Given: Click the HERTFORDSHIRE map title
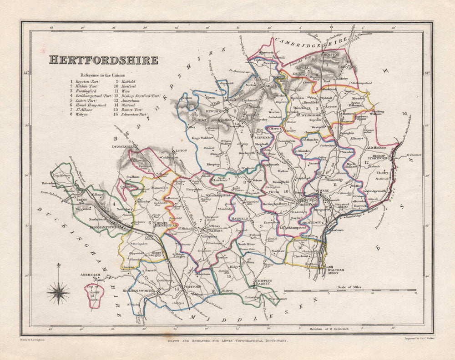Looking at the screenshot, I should pyautogui.click(x=103, y=60).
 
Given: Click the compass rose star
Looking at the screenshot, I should pyautogui.click(x=58, y=292).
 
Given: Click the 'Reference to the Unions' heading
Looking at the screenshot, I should pyautogui.click(x=103, y=75).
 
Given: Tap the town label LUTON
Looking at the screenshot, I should pyautogui.click(x=168, y=150).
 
